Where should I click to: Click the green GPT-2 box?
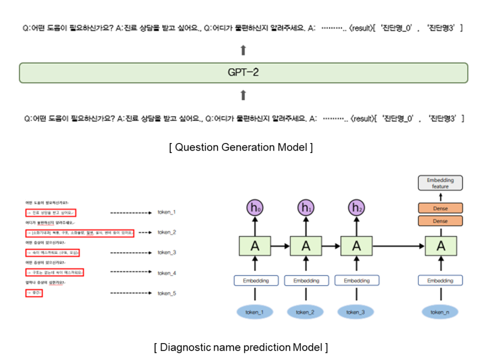coord(243,73)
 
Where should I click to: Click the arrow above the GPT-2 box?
coord(243,50)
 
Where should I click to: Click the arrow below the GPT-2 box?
coord(243,96)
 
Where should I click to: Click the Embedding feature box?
coord(440,183)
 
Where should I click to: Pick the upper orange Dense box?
coord(440,208)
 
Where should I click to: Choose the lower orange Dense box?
coord(440,221)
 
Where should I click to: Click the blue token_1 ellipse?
coord(255,312)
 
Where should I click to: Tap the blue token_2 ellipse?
coord(305,312)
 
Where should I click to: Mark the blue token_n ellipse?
coord(440,312)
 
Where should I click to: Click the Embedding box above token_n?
coord(440,280)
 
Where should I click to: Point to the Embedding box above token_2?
coord(305,280)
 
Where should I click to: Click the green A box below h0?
coord(255,245)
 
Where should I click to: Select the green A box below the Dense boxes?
coord(441,245)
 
